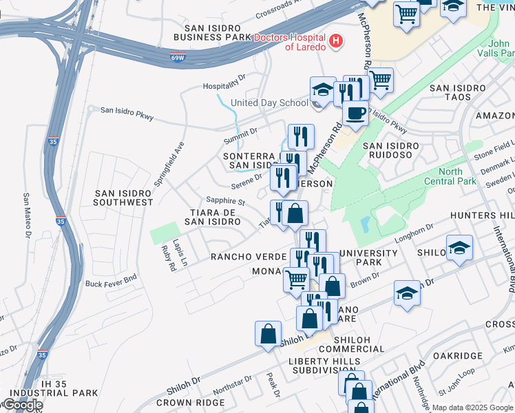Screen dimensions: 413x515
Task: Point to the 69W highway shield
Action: pyautogui.click(x=177, y=59)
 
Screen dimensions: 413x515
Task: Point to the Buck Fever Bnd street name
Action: pyautogui.click(x=112, y=284)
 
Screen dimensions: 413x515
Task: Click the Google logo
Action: pyautogui.click(x=22, y=405)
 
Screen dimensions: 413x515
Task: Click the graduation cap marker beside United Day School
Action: pyautogui.click(x=322, y=89)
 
